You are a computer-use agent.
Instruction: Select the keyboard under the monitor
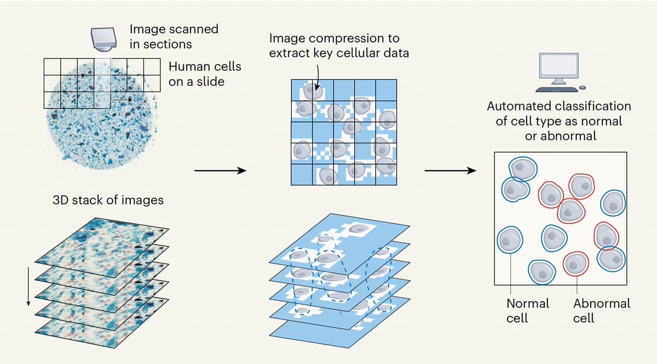coord(556,89)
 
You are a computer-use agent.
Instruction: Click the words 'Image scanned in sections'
coord(174,36)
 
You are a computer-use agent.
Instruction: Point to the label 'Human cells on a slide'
coord(204,74)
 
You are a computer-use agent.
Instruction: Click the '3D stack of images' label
coord(108,200)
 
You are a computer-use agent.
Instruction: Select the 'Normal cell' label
coord(527,310)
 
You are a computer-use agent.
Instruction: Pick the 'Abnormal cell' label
coord(601,310)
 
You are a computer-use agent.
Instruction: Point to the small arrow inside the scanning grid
coord(123,100)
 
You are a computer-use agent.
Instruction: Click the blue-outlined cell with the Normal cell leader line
coord(510,240)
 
